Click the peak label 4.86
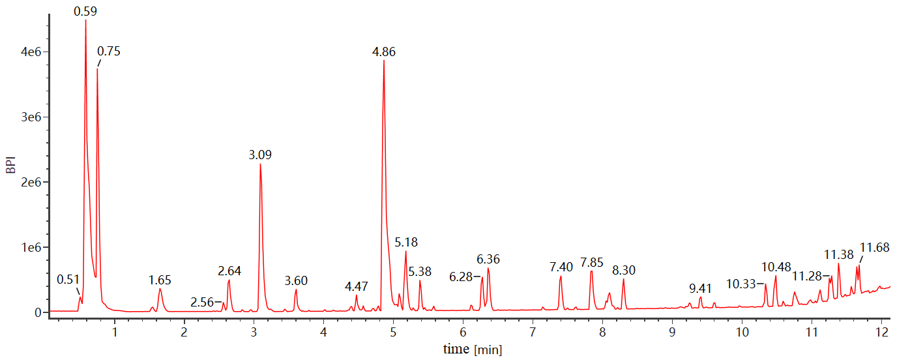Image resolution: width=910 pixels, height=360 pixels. tap(384, 52)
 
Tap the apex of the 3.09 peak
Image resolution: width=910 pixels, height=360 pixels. tap(260, 164)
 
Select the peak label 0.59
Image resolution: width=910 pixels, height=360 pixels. tap(85, 11)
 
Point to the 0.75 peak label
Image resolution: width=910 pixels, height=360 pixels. tap(109, 52)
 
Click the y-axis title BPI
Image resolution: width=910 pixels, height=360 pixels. tap(10, 162)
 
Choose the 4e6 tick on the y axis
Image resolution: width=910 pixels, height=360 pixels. tap(33, 52)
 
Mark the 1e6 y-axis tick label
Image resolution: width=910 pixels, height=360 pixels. tap(33, 247)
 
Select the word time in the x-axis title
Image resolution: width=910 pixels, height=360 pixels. tap(456, 350)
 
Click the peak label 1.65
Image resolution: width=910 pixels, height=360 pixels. tap(160, 280)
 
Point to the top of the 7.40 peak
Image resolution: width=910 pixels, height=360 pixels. tap(561, 277)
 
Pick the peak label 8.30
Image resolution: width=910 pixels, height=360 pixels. tap(624, 270)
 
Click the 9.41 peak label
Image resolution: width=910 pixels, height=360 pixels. tap(701, 288)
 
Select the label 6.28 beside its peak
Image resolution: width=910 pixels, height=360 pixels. tap(461, 277)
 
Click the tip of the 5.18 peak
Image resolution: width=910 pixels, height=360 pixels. tap(405, 251)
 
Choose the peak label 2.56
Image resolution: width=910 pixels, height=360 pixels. tap(202, 303)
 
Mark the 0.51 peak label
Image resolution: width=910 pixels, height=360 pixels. tap(68, 280)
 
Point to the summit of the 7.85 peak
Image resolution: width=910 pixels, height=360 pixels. tap(591, 271)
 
